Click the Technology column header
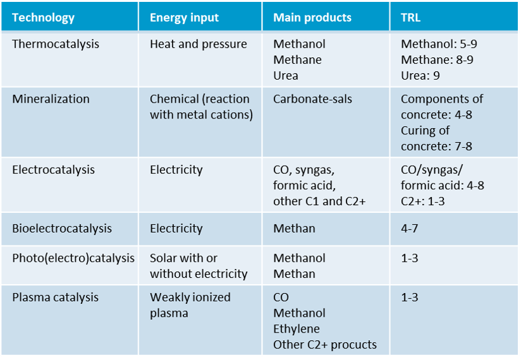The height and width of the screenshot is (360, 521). coord(43,17)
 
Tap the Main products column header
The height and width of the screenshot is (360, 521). coord(312,17)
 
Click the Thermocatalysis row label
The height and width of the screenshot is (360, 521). coord(55,44)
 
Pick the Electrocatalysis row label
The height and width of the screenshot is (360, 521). coord(54,169)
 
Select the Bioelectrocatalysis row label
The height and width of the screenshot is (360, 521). coord(62,228)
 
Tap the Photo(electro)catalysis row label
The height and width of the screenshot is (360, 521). coord(73,258)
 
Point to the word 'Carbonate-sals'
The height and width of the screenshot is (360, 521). coord(311,99)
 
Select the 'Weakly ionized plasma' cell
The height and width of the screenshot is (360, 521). coord(190,305)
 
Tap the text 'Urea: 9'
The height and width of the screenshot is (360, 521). coord(420,75)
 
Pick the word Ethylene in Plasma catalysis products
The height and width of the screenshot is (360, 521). coord(296,329)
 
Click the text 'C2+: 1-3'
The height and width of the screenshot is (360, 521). coord(423,201)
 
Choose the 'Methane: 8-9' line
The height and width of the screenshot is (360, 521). coord(437,59)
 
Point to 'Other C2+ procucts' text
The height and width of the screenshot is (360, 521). coord(325,345)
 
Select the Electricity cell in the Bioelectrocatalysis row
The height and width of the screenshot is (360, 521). coord(176,228)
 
